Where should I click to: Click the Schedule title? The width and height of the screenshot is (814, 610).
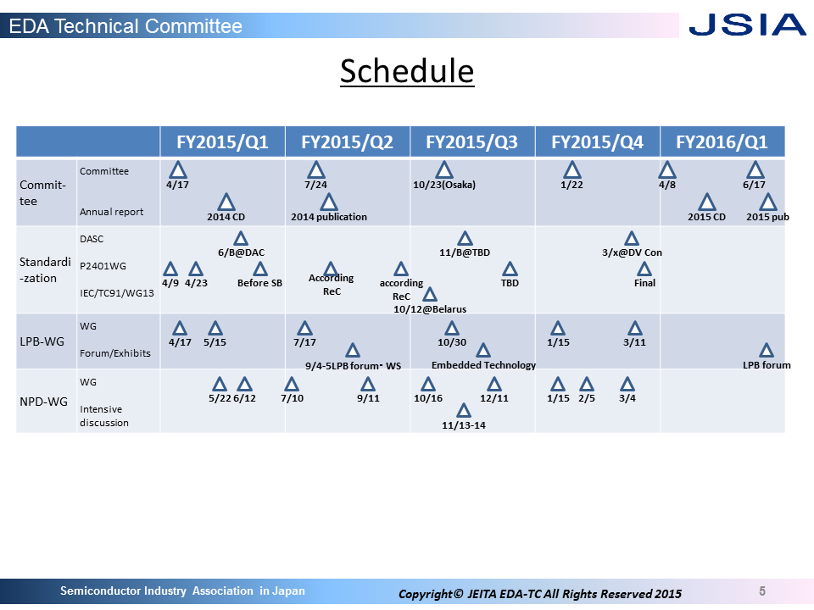pyautogui.click(x=407, y=71)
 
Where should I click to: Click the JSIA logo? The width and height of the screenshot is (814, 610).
pyautogui.click(x=747, y=25)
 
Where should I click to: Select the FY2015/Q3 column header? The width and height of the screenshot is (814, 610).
pyautogui.click(x=472, y=141)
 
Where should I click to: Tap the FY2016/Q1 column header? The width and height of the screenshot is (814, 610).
pyautogui.click(x=722, y=141)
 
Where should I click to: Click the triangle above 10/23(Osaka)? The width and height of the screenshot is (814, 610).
pyautogui.click(x=443, y=170)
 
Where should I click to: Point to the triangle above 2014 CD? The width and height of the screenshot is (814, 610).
pyautogui.click(x=226, y=202)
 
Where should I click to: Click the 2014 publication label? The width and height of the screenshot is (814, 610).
pyautogui.click(x=329, y=217)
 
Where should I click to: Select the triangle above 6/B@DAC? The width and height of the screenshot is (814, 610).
pyautogui.click(x=240, y=239)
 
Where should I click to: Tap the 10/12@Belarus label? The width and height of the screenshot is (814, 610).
pyautogui.click(x=430, y=309)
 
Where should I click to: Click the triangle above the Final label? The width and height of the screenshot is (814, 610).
pyautogui.click(x=644, y=269)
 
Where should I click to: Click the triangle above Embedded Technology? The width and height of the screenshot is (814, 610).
pyautogui.click(x=483, y=351)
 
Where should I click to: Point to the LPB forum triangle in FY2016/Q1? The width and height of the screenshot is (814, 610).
pyautogui.click(x=767, y=351)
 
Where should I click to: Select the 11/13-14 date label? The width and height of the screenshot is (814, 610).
pyautogui.click(x=464, y=425)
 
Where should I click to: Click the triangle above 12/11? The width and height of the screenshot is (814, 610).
pyautogui.click(x=494, y=385)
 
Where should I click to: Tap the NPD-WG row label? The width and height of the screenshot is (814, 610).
pyautogui.click(x=43, y=402)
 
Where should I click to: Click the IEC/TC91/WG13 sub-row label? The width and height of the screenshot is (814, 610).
pyautogui.click(x=117, y=293)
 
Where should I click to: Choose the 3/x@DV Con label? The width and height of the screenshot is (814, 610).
pyautogui.click(x=632, y=252)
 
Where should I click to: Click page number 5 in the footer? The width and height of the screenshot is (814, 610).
pyautogui.click(x=762, y=591)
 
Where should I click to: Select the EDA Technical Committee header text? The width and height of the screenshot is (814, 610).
pyautogui.click(x=125, y=26)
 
